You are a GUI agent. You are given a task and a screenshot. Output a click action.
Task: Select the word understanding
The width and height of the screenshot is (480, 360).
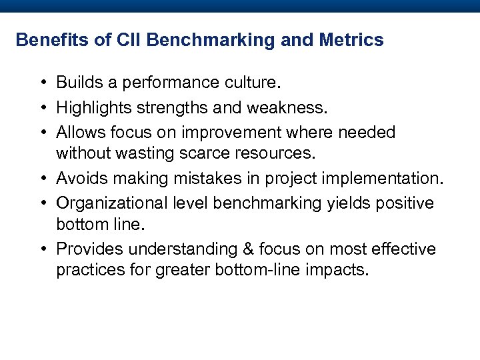point(184,249)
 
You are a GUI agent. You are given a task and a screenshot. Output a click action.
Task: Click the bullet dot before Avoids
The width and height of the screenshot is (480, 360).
point(42,179)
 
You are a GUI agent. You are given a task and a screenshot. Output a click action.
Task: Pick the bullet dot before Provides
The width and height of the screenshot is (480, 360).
point(42,249)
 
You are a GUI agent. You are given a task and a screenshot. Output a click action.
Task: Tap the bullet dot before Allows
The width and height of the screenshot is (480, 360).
point(42,133)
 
